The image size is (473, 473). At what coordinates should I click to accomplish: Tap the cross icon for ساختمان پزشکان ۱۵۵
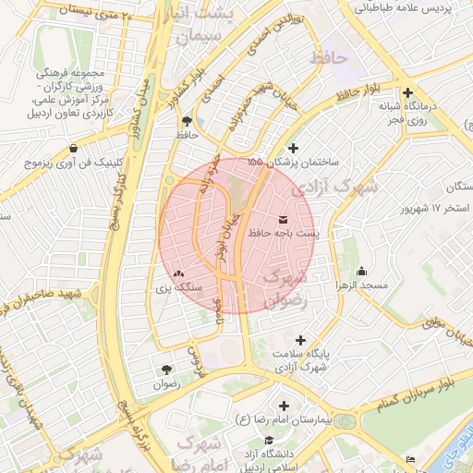[294, 148]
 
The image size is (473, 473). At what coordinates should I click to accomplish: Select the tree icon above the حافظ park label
[188, 121]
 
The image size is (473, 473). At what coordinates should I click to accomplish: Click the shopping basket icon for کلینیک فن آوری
[73, 148]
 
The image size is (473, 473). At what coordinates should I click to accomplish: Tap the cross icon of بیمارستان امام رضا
[283, 406]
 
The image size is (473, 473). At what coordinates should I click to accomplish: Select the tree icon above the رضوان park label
[165, 369]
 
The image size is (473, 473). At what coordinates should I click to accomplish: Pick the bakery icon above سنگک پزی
[177, 273]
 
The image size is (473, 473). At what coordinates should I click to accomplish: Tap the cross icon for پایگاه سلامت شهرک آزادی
[299, 340]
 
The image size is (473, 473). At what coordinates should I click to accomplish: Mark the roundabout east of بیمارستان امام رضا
[346, 422]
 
